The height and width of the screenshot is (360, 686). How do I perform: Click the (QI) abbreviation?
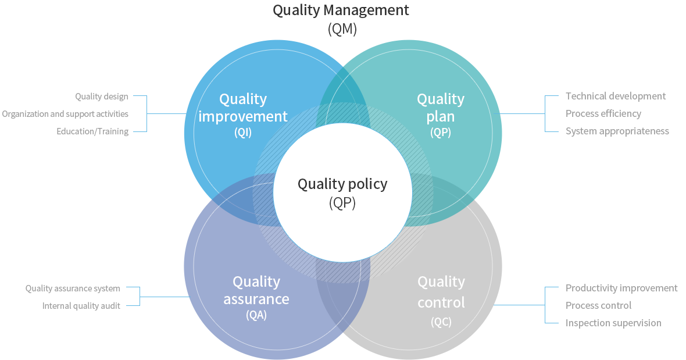pos(243,132)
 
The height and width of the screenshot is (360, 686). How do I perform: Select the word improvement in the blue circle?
pos(243,116)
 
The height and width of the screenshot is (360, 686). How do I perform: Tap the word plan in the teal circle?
pos(440,116)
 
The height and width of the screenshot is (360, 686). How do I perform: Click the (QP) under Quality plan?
pos(440,132)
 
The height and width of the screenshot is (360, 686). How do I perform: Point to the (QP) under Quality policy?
pos(342,203)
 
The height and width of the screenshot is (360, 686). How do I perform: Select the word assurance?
pos(256,299)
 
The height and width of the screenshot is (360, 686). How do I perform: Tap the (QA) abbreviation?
pos(256,315)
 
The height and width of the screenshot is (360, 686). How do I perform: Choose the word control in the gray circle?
pos(441,302)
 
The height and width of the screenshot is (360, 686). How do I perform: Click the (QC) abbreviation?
pos(441,322)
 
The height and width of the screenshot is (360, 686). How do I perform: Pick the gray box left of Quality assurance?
pos(73,297)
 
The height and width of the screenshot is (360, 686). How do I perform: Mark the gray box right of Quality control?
pos(621,306)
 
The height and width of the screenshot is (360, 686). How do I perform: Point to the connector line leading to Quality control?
pos(519,305)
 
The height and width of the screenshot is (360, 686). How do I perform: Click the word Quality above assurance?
pos(256,281)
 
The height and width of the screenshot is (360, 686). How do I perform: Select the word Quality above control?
pos(441,282)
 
